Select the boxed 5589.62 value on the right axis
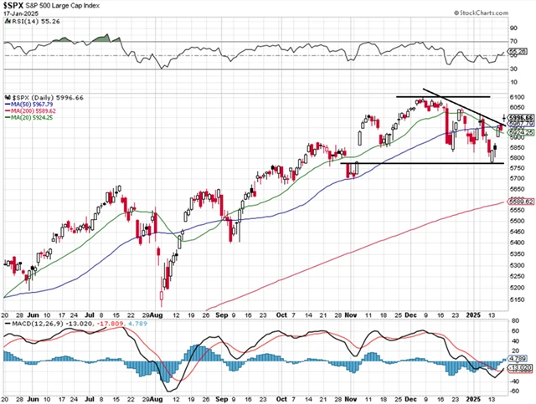click(x=517, y=201)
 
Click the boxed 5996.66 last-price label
click(x=517, y=119)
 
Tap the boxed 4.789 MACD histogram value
click(x=515, y=359)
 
